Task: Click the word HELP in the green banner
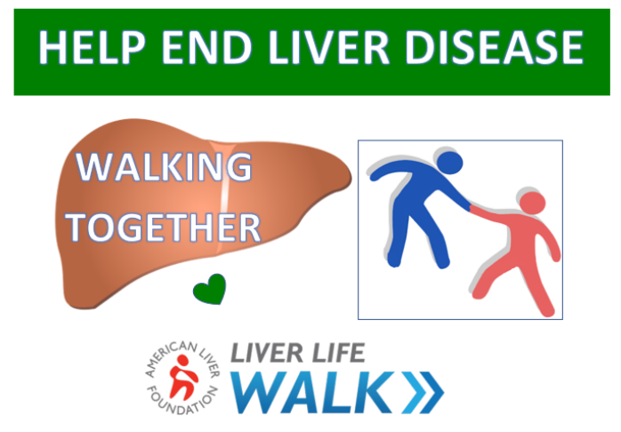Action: [92, 47]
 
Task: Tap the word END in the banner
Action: [206, 47]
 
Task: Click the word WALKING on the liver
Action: [164, 166]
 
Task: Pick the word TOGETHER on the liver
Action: [163, 227]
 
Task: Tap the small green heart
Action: [209, 289]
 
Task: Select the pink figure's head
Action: [532, 203]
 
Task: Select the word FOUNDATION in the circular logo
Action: [181, 401]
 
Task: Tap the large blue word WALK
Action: [314, 392]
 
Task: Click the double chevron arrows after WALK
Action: [423, 392]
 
